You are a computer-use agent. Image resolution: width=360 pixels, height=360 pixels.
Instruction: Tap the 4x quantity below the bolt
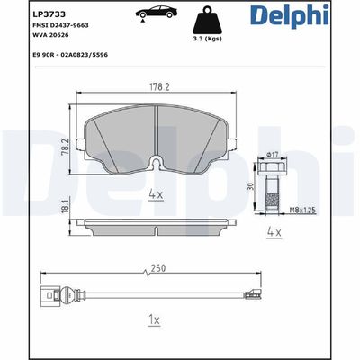pyautogui.click(x=274, y=233)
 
